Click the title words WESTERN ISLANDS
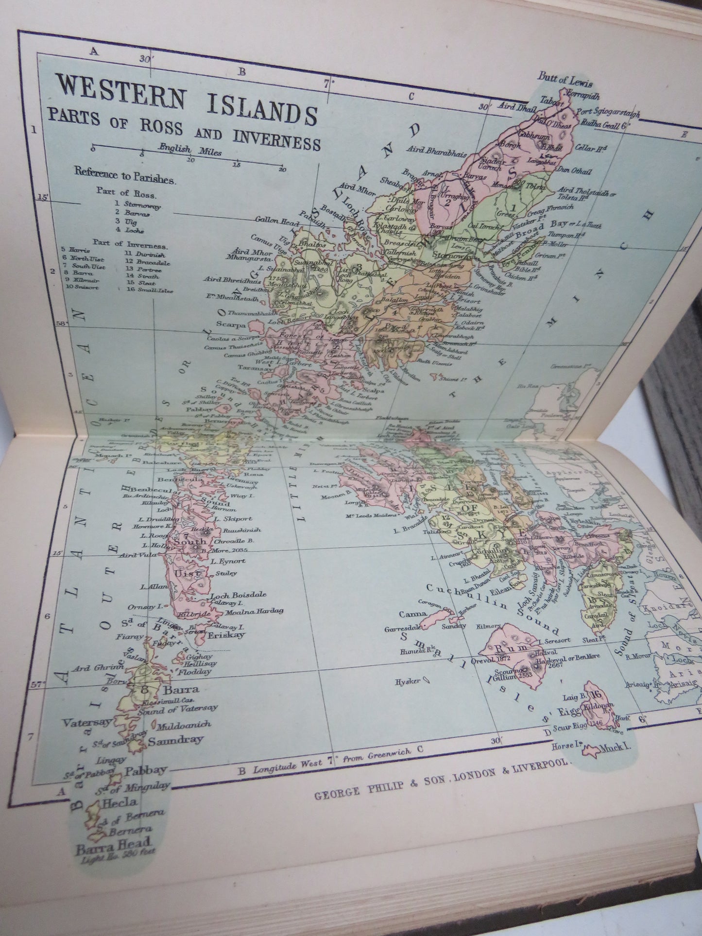(187, 99)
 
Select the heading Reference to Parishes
(125, 174)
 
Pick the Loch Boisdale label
(239, 595)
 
